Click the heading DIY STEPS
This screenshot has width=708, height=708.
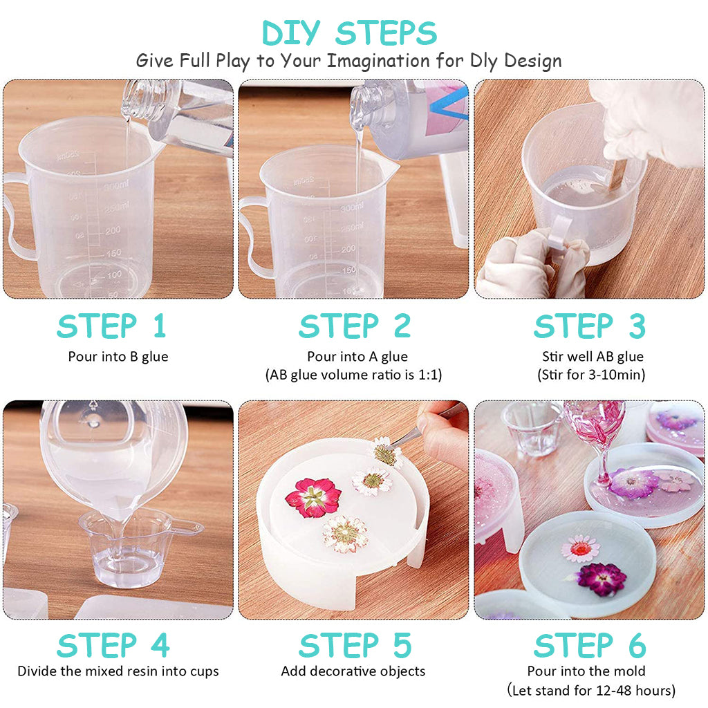point(349,33)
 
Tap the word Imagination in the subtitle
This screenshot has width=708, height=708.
point(378,61)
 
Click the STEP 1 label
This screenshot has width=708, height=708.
point(111,326)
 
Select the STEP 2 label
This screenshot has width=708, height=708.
point(355,326)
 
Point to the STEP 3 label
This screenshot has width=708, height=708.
point(590,326)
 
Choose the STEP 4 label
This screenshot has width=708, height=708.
point(113,645)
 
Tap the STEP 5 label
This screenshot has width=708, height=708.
point(355,645)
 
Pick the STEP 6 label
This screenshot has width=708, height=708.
point(590,645)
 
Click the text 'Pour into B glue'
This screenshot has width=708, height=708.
point(118,357)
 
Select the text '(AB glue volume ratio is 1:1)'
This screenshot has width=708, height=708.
point(353,375)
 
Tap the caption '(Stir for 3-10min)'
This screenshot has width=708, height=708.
point(592,375)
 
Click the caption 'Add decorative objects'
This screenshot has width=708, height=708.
point(353,671)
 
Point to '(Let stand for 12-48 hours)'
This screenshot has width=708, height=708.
point(592,691)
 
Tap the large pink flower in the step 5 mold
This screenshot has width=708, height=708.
point(313,497)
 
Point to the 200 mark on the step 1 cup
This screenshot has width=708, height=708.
point(113,231)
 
